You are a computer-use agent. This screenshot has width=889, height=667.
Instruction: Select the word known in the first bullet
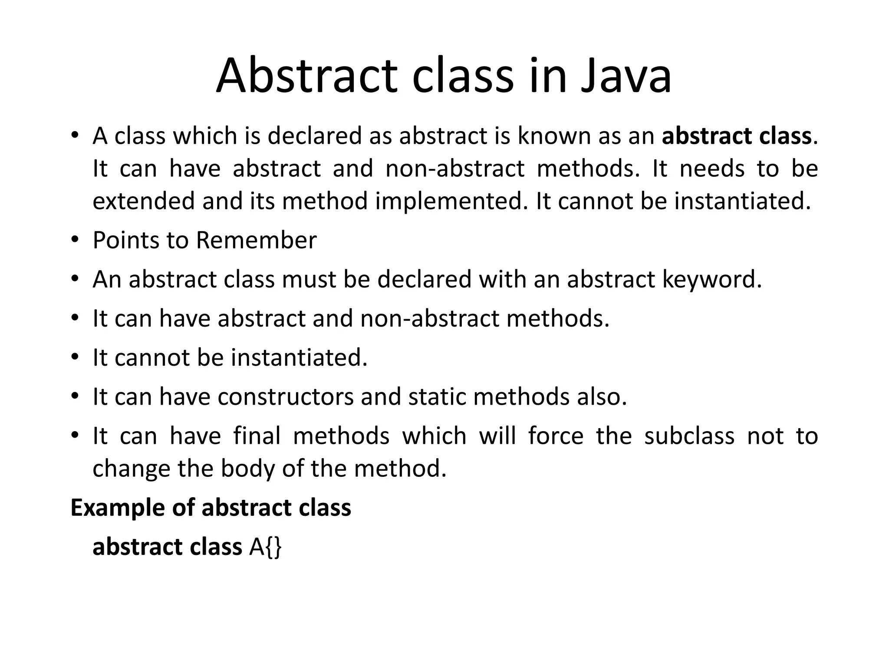click(x=554, y=136)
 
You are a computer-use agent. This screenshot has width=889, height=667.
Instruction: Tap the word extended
click(x=143, y=201)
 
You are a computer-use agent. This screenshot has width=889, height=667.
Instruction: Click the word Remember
click(x=256, y=240)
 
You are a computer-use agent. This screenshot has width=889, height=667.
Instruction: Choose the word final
click(x=257, y=436)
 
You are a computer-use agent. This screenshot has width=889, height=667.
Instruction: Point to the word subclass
click(x=689, y=436)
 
